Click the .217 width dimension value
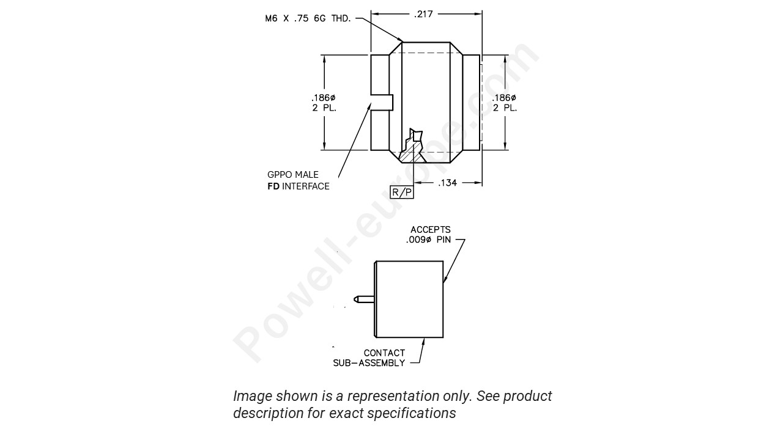tap(424, 13)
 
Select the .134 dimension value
tap(447, 183)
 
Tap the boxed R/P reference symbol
tap(402, 192)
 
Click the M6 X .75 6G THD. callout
tap(308, 19)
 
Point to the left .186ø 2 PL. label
tap(324, 103)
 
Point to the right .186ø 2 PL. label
tap(505, 103)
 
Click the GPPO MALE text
tap(293, 175)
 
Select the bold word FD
tap(273, 186)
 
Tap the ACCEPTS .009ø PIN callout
tap(429, 235)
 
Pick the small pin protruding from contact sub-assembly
tap(363, 299)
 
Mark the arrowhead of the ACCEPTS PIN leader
tap(444, 280)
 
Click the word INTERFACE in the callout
tap(306, 186)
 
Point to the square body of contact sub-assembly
tap(409, 299)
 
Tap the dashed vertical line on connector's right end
tap(482, 103)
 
